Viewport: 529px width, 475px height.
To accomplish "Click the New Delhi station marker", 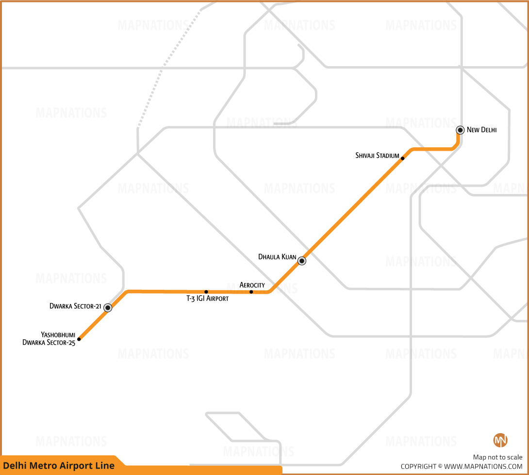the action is click(x=460, y=130).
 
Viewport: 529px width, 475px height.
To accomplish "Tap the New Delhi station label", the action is click(x=481, y=130).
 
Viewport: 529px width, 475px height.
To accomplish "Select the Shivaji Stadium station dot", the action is click(x=402, y=158).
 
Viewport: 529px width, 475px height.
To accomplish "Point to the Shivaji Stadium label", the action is click(x=377, y=156).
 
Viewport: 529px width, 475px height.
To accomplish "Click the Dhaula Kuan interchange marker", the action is click(x=302, y=261).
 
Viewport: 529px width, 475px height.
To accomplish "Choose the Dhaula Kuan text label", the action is click(x=277, y=257).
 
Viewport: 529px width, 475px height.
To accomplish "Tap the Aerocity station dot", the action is click(x=251, y=292).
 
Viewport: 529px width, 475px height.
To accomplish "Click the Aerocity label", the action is click(x=252, y=285).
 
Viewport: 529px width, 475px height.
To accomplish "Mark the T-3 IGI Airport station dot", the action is click(x=206, y=292).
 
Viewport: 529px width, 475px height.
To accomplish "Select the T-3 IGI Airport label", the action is click(x=208, y=299).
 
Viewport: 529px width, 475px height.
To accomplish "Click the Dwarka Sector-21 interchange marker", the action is click(x=108, y=308).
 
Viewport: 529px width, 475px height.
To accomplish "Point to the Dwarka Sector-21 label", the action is click(x=75, y=306).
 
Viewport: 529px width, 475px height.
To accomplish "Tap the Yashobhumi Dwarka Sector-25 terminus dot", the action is click(x=79, y=339).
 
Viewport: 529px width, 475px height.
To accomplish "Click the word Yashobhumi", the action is click(x=58, y=334).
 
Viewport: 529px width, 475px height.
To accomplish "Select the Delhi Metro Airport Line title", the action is click(x=59, y=466).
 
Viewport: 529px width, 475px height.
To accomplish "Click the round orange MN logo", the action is click(x=500, y=440).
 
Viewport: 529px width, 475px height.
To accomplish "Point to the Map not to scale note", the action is click(x=497, y=457).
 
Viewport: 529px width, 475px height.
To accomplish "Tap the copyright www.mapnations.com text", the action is click(x=462, y=467).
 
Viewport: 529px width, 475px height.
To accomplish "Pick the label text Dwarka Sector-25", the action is click(x=49, y=342).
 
